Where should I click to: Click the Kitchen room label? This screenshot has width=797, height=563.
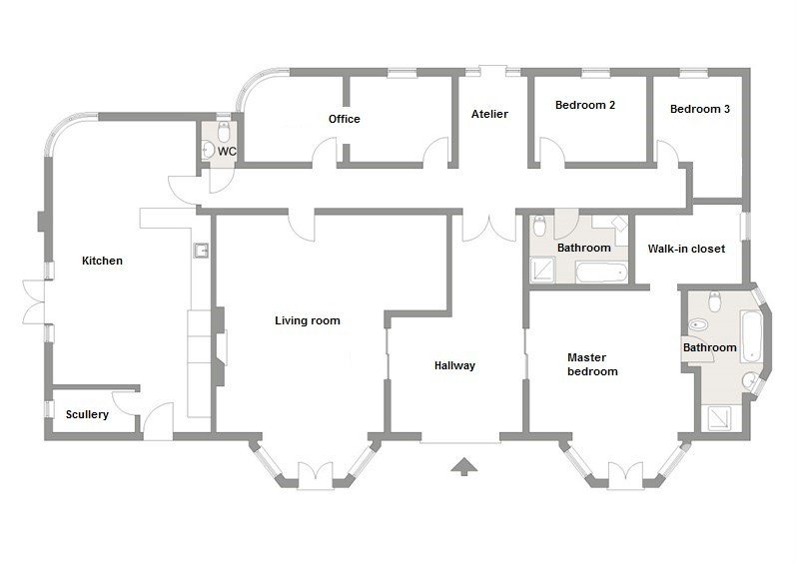pos(102,261)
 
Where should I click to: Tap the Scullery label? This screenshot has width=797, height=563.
pos(88,414)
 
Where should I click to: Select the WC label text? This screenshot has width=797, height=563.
pos(227,152)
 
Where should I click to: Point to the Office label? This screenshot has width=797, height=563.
pos(345,119)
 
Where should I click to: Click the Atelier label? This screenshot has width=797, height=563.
pos(489,114)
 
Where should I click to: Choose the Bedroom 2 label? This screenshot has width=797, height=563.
pos(585,105)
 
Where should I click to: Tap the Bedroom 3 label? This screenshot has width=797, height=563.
pos(700,109)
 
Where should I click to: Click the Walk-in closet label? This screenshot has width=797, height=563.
pos(686,249)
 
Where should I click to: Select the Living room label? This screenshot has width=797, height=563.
pos(308,320)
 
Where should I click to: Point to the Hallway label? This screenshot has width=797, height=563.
pos(454,365)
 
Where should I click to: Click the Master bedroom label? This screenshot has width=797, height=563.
pos(592,364)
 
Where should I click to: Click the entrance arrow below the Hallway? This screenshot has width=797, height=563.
pos(463,466)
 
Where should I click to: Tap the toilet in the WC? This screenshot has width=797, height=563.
pos(224,131)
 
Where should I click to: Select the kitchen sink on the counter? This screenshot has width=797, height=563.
pos(202,251)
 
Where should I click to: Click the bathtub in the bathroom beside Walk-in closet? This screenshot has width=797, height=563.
pos(601,273)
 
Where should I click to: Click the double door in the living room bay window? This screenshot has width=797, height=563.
pos(316,476)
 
